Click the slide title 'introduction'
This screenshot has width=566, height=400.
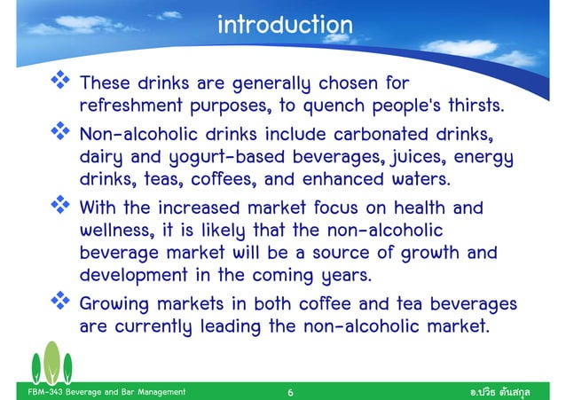[284, 26]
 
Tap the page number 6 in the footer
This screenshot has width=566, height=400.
[291, 390]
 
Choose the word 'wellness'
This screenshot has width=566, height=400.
[113, 232]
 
